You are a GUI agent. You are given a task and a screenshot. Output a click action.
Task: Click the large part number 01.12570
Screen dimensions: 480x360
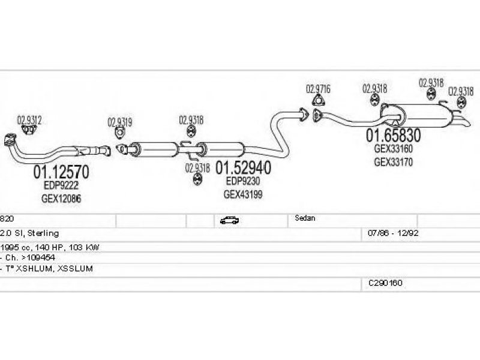pos(61,172)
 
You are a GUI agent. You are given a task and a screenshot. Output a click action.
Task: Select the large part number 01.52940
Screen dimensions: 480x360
pos(244,168)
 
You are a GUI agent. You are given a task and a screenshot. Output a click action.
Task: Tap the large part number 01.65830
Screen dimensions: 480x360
pos(394,135)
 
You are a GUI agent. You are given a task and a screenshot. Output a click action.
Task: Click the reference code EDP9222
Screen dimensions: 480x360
pos(61,185)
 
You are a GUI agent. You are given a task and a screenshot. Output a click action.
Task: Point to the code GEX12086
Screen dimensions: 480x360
pos(61,199)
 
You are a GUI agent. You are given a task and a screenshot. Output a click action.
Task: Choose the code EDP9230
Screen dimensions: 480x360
pos(243,181)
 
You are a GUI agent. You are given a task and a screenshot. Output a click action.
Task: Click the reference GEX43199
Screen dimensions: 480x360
pos(243,194)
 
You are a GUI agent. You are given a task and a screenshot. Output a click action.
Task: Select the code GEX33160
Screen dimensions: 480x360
pos(394,149)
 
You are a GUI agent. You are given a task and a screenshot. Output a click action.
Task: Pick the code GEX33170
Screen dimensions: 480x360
pos(394,162)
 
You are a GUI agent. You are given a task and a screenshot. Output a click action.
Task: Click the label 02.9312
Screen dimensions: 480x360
pos(29,119)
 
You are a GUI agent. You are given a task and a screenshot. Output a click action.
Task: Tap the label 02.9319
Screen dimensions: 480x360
pos(119,122)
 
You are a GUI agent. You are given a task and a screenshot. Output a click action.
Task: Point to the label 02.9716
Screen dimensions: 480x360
pos(319,89)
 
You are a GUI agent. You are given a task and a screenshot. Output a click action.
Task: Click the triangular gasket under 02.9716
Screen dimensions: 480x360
pos(319,100)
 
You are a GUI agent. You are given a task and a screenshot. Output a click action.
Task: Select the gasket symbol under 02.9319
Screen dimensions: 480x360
pos(120,133)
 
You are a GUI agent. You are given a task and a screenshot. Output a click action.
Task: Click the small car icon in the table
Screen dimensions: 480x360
pos(229,220)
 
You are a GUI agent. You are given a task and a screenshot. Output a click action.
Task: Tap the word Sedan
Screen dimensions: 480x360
pos(305,218)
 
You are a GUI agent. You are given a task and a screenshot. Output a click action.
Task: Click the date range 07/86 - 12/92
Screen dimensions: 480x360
pos(393,233)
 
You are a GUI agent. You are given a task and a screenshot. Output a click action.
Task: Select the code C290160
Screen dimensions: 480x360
pos(385,283)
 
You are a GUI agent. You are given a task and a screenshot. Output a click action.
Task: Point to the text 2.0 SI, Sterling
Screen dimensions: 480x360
pos(29,233)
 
